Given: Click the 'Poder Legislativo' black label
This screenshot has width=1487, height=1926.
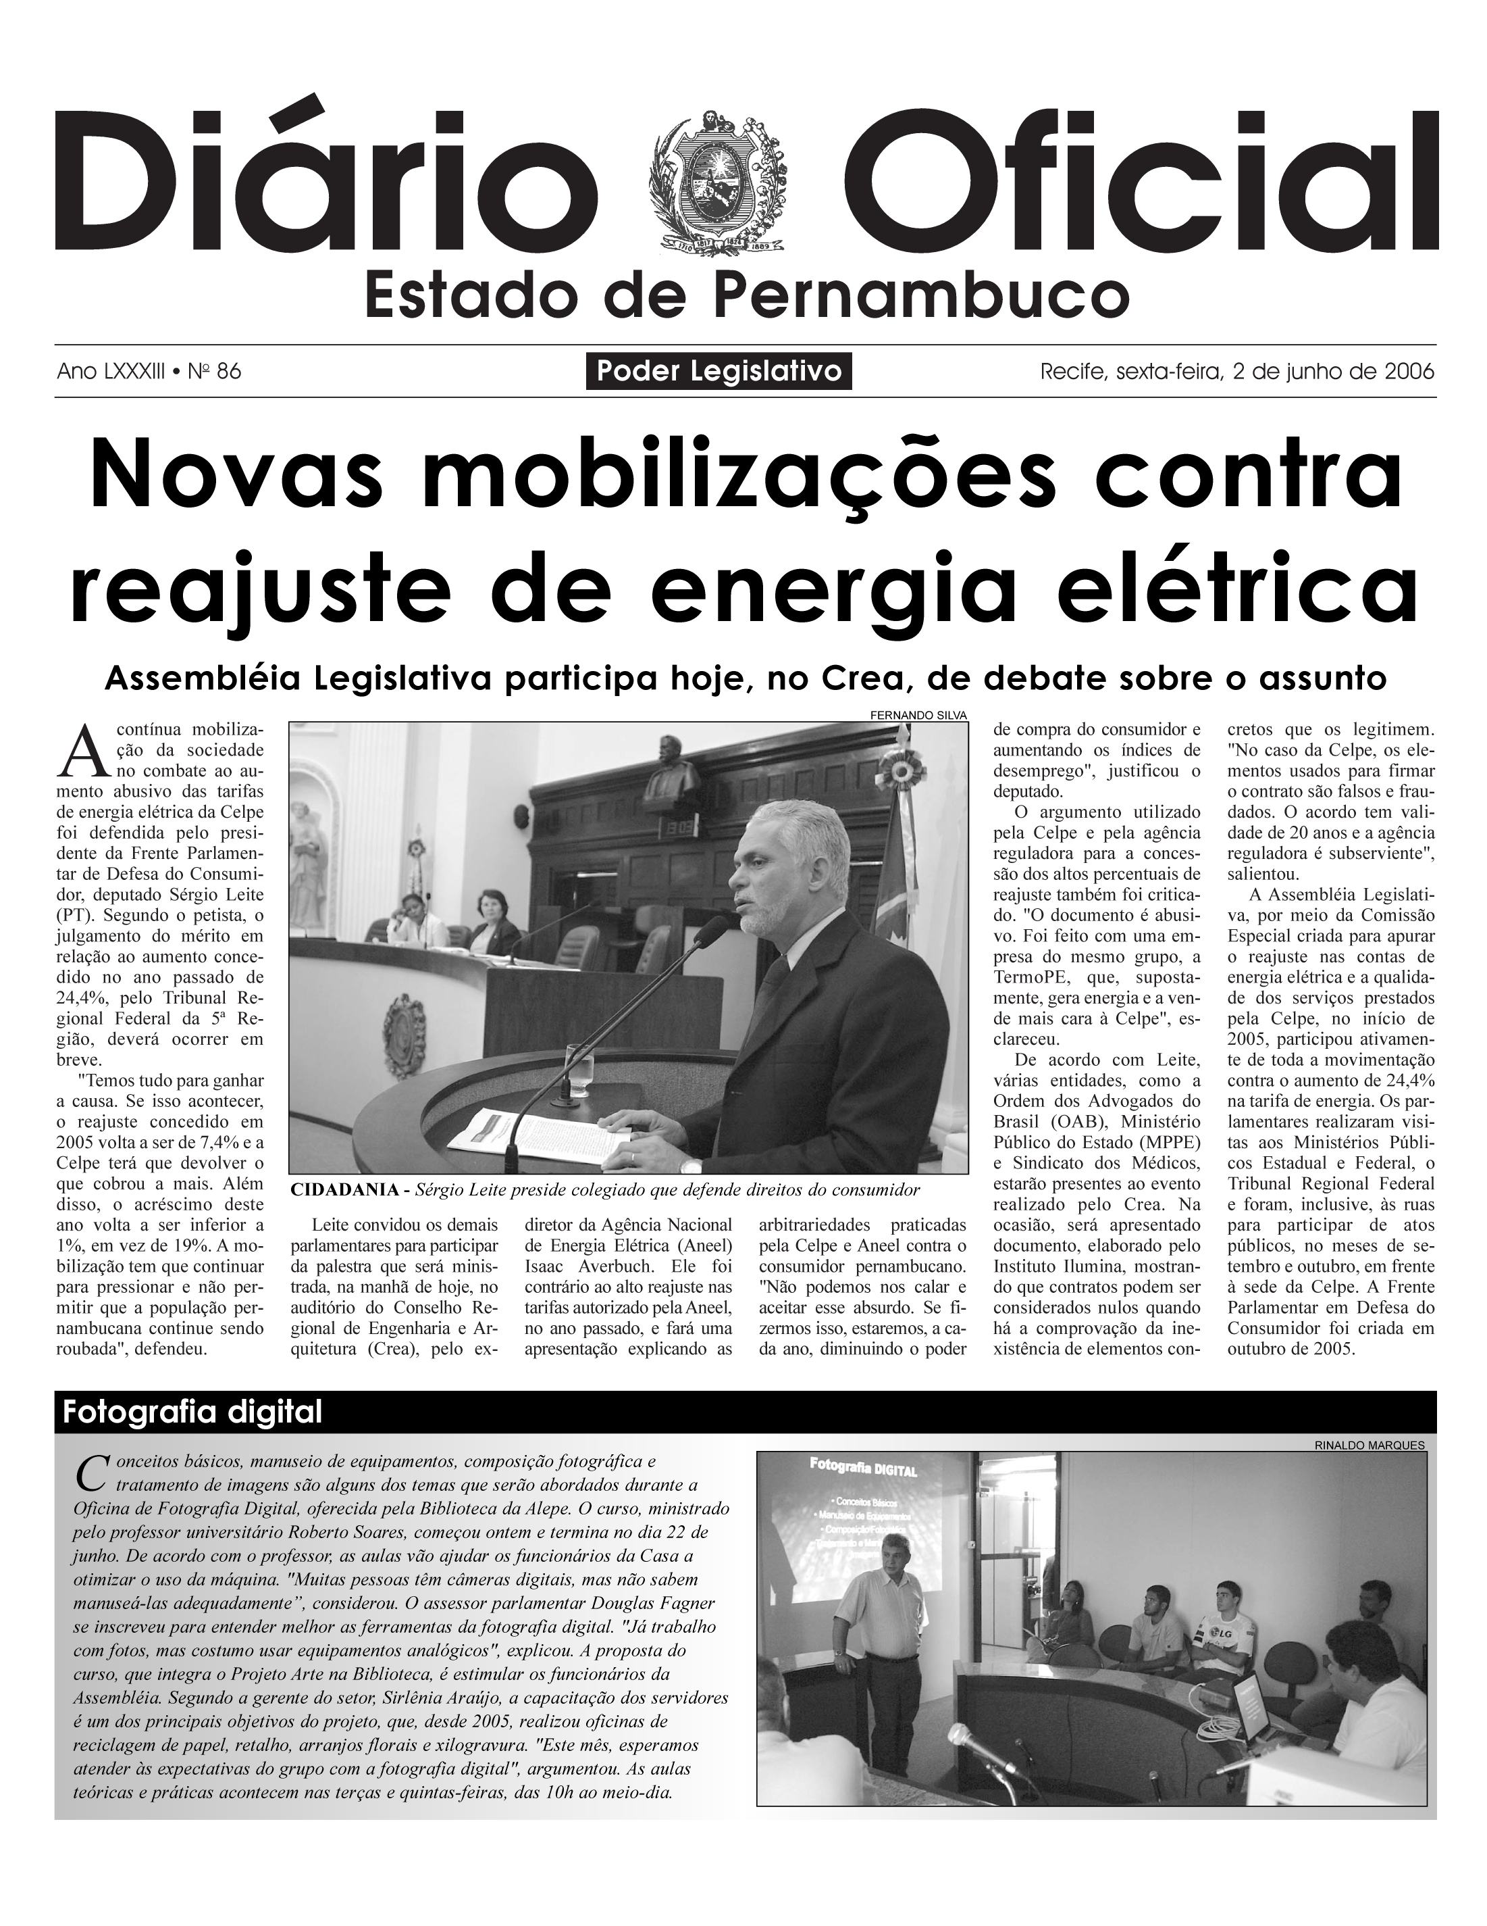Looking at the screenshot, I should coord(719,371).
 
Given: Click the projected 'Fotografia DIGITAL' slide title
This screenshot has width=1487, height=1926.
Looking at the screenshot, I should coord(863,1469).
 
